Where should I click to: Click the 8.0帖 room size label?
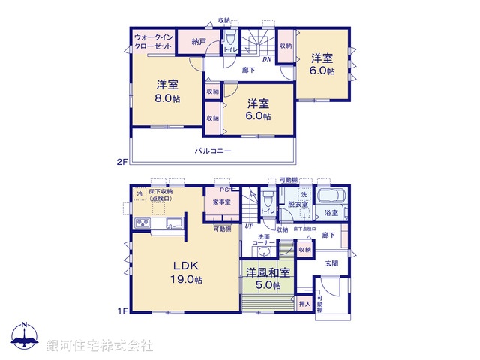coord(168,99)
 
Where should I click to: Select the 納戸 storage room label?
coord(188,42)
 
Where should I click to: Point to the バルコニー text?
coord(214,151)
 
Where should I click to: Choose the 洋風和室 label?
coord(266,273)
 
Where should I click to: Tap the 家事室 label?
coord(220,202)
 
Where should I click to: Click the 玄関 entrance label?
coord(331,262)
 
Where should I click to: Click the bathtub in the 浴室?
coord(331,197)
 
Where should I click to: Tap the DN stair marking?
coord(266,58)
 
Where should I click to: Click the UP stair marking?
coord(248,226)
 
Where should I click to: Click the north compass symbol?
coord(24,335)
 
